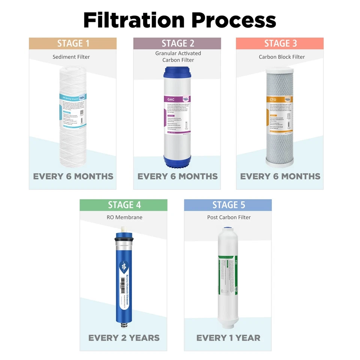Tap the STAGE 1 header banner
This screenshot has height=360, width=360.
click(x=73, y=43)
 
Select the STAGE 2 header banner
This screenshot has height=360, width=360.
click(x=177, y=43)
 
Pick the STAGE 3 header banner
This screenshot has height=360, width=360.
click(x=280, y=43)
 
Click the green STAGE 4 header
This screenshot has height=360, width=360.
click(x=124, y=205)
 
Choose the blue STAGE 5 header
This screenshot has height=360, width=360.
click(x=228, y=205)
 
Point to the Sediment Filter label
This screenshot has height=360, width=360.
click(x=71, y=57)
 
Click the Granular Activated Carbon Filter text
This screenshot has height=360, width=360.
click(x=178, y=57)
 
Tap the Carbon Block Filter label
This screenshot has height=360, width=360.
click(x=282, y=57)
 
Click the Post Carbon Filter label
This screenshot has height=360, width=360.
click(x=229, y=217)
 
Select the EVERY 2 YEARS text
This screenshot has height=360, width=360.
click(x=124, y=338)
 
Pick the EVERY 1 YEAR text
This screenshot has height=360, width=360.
click(x=228, y=338)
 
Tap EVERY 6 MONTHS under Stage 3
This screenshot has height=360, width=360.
click(x=280, y=176)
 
